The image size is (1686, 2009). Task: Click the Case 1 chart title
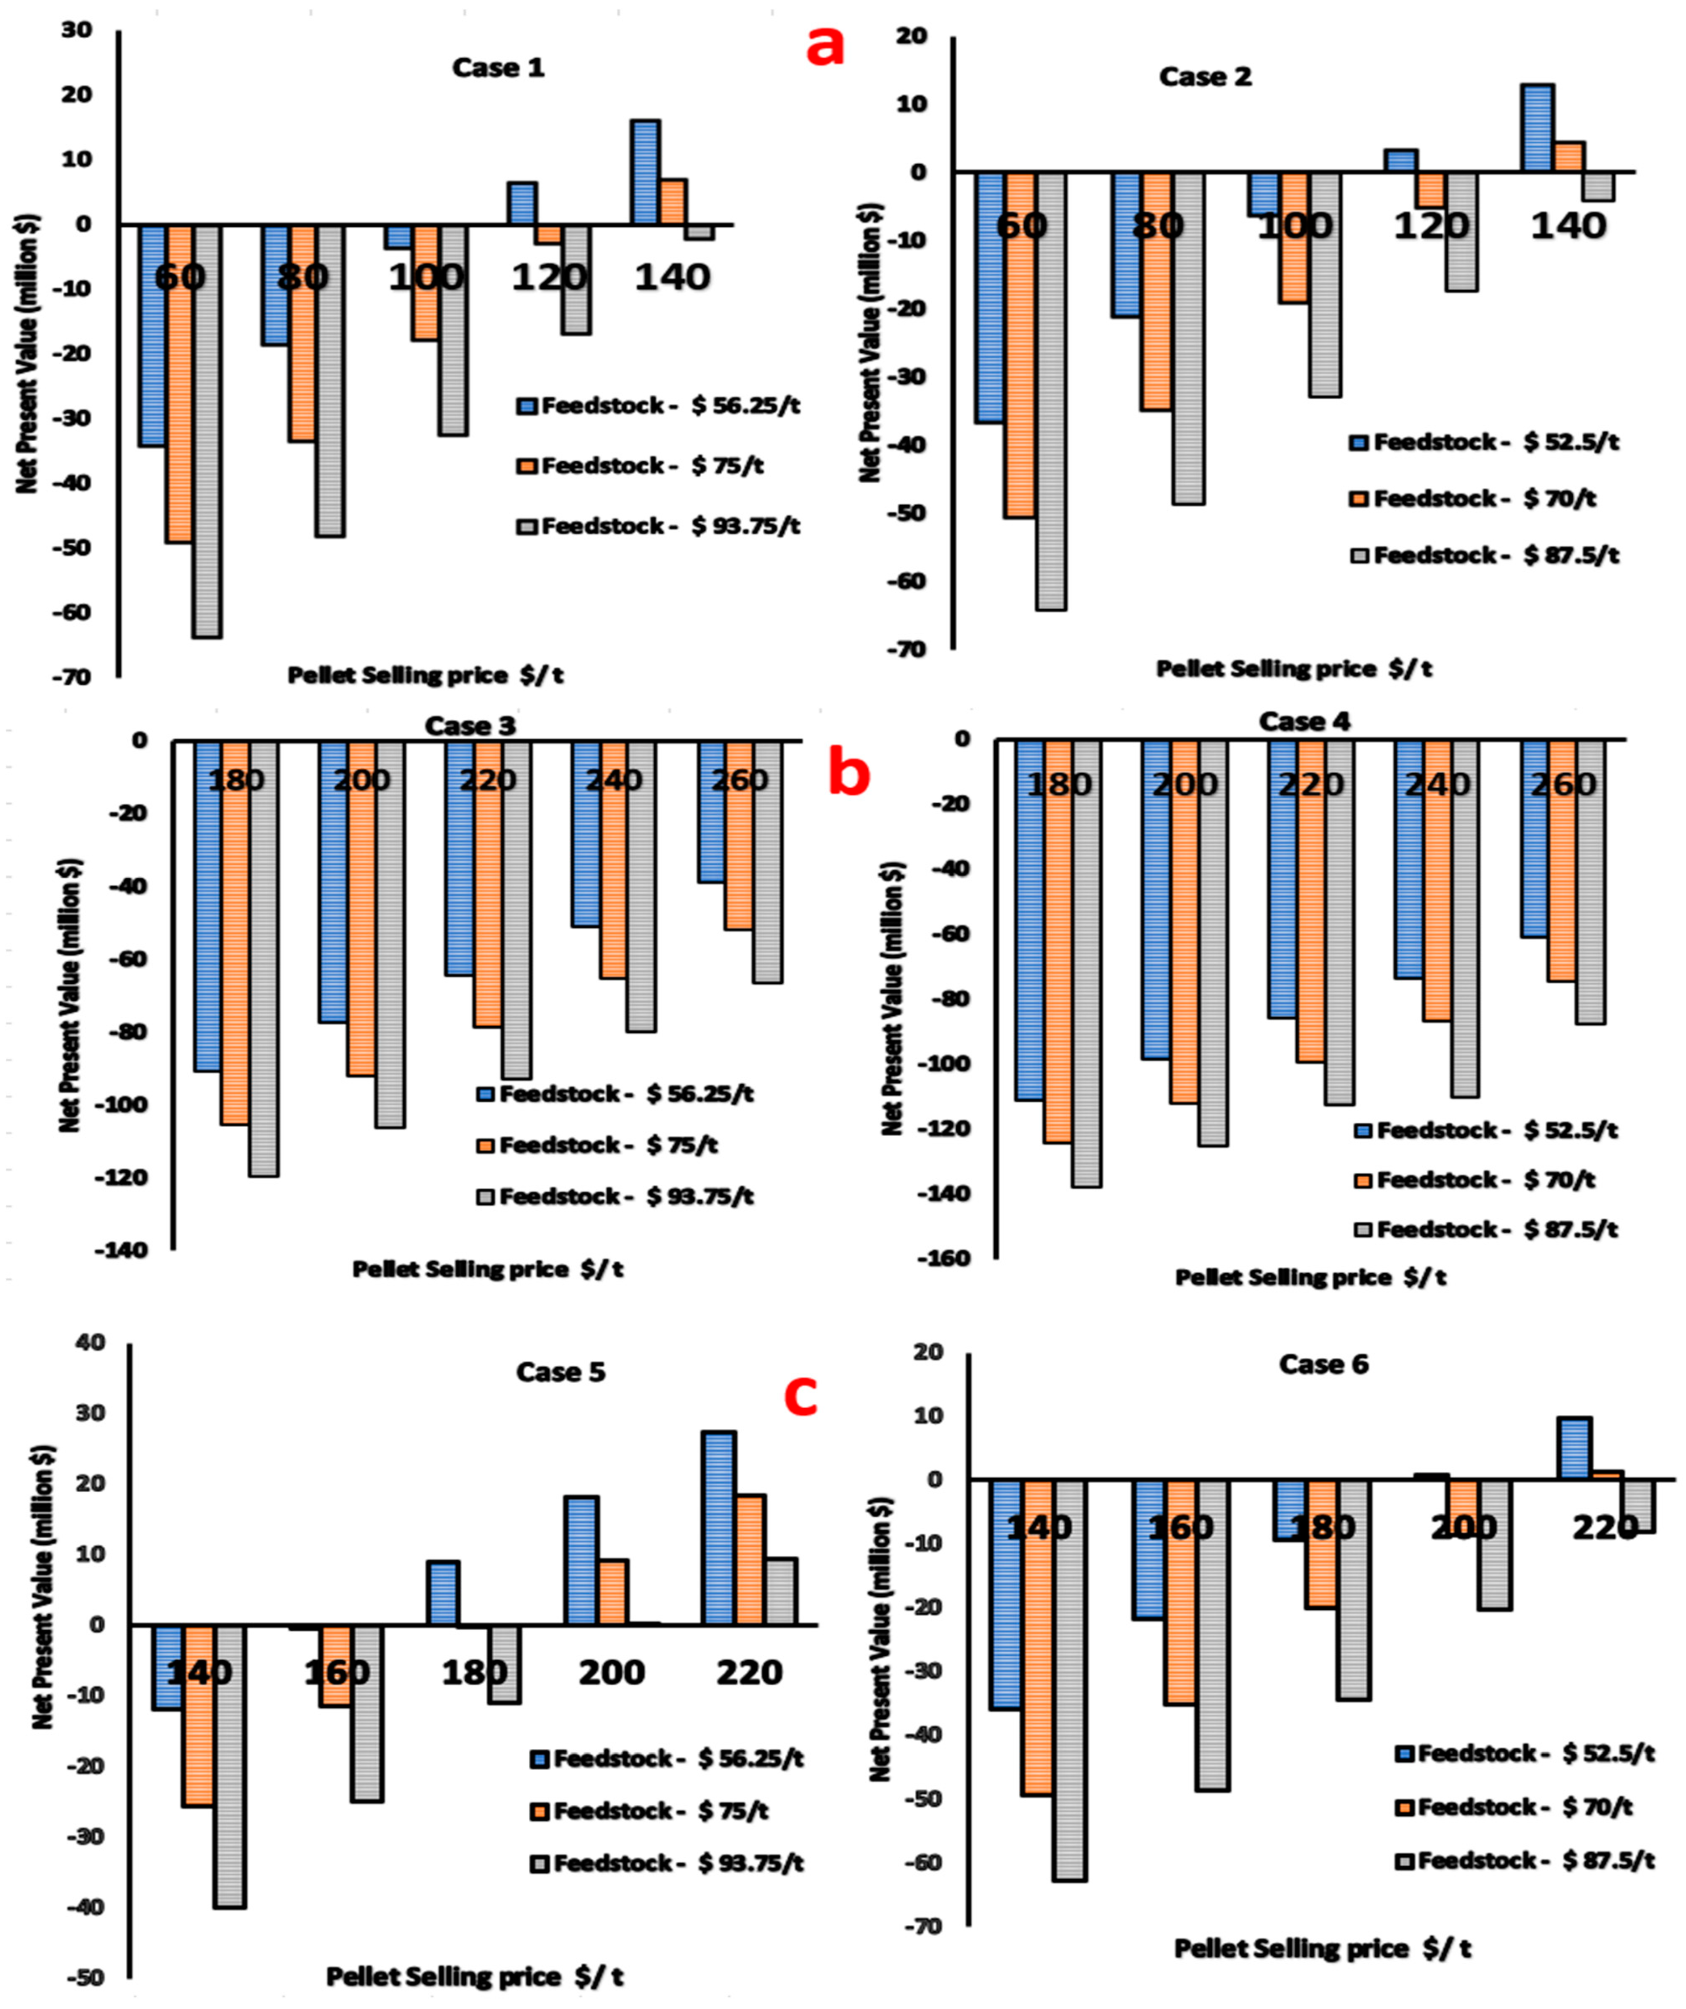click(x=498, y=68)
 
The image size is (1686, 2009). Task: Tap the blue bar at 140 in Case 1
click(x=644, y=172)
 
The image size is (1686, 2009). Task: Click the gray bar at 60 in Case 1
click(x=207, y=431)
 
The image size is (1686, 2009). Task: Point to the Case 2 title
click(x=1205, y=76)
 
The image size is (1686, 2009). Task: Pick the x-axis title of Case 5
click(x=474, y=1976)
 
